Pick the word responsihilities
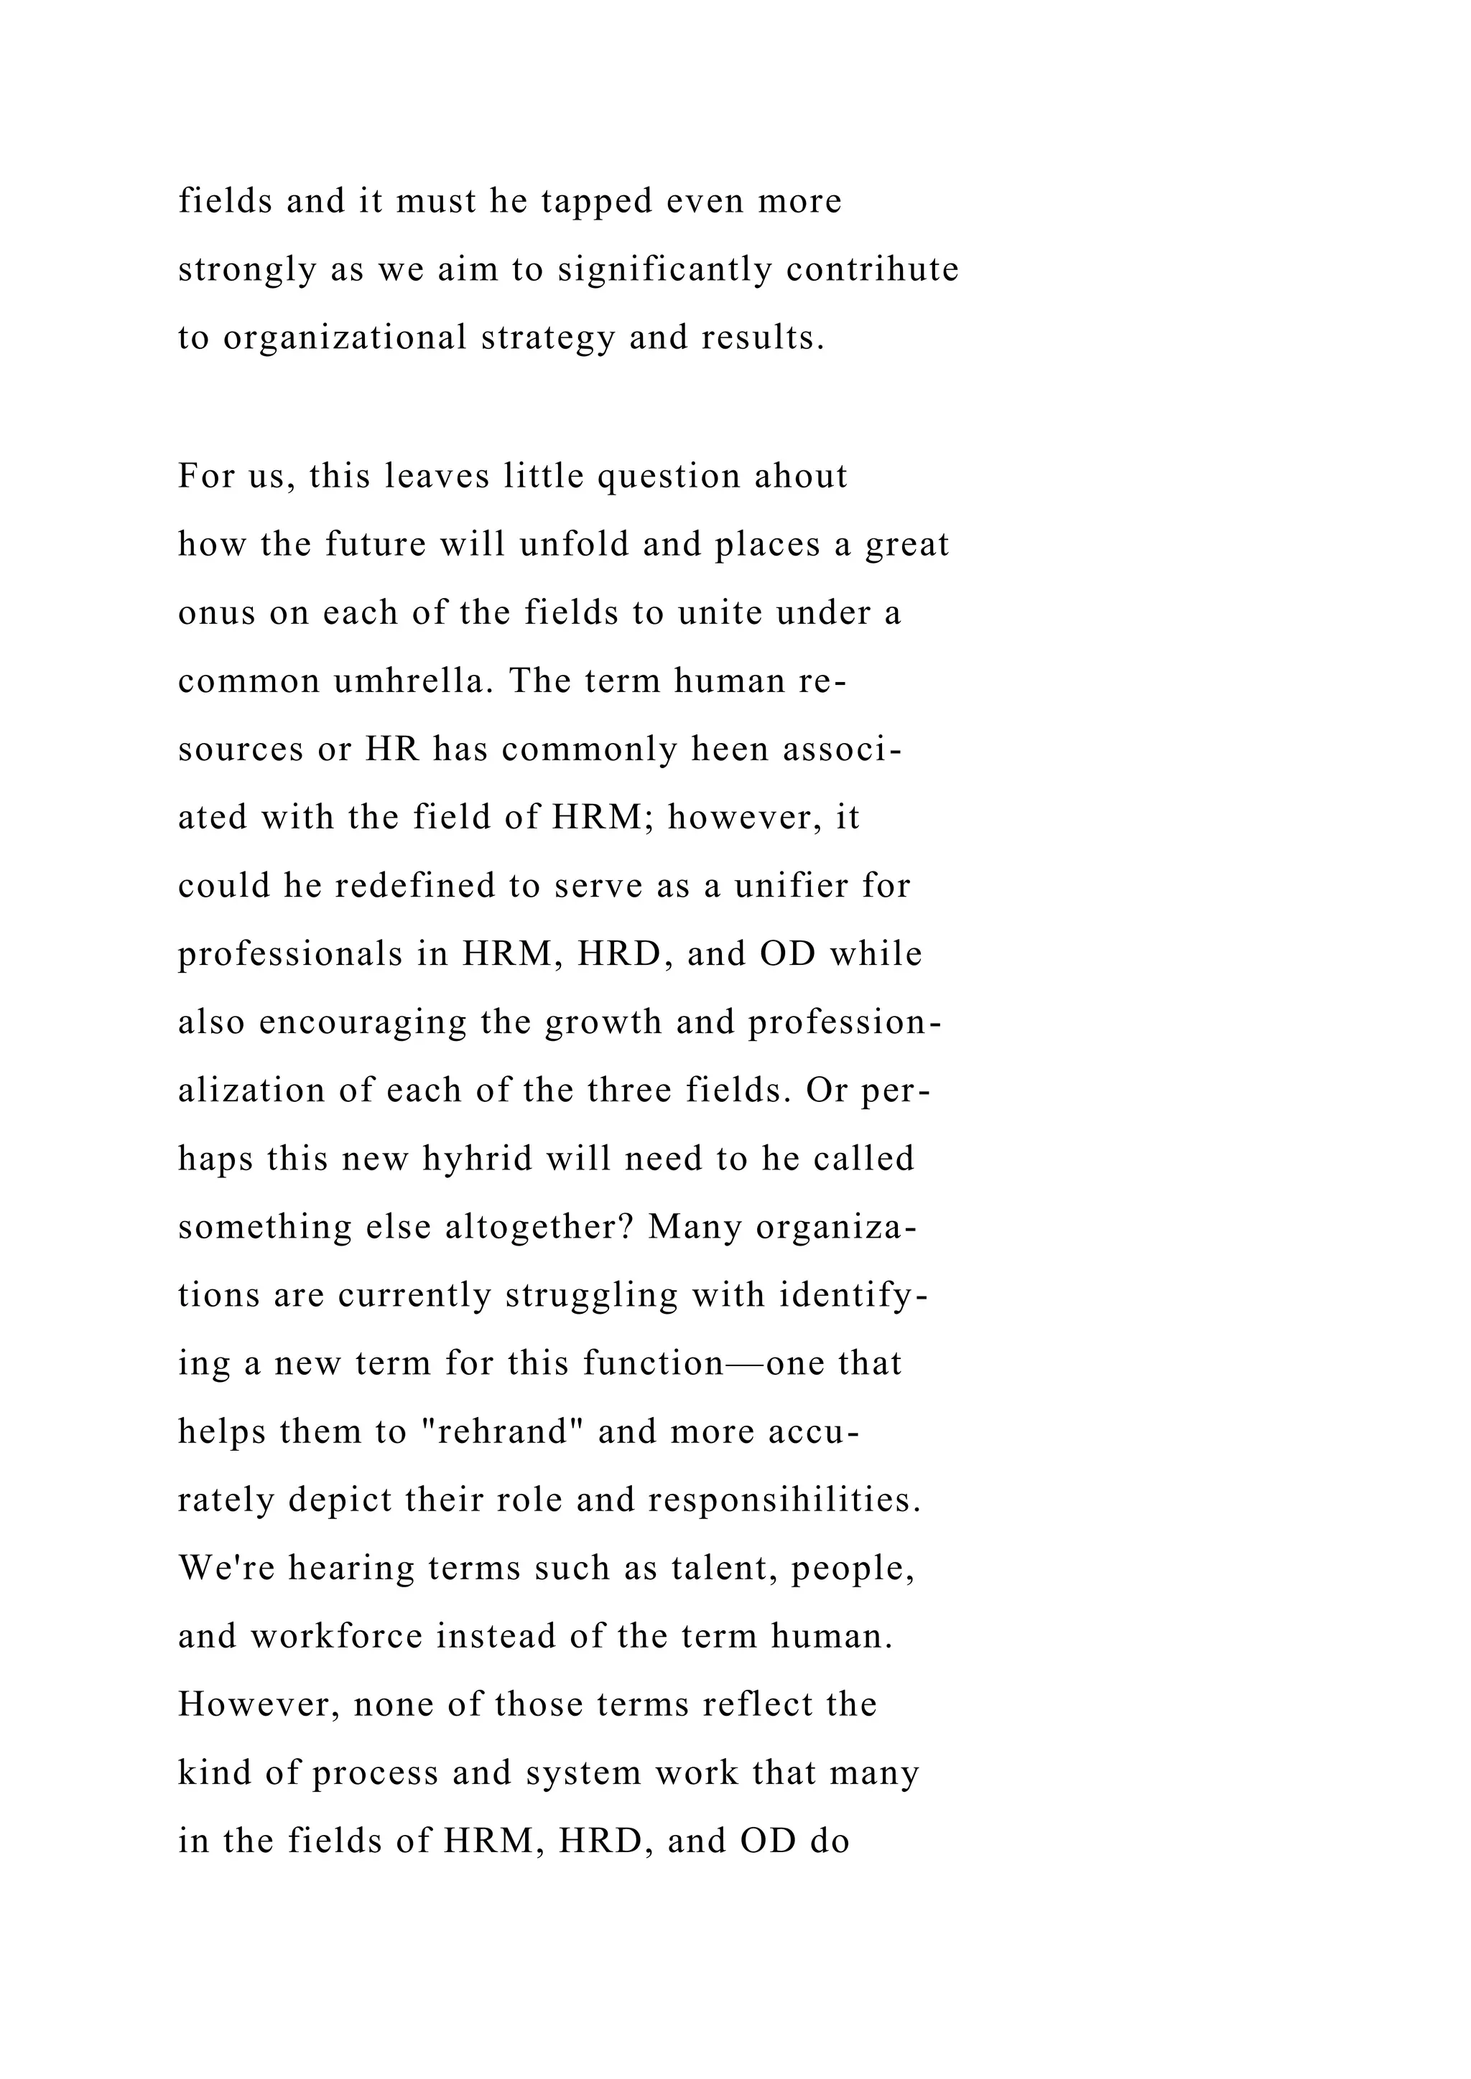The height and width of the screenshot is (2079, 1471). click(x=784, y=1500)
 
